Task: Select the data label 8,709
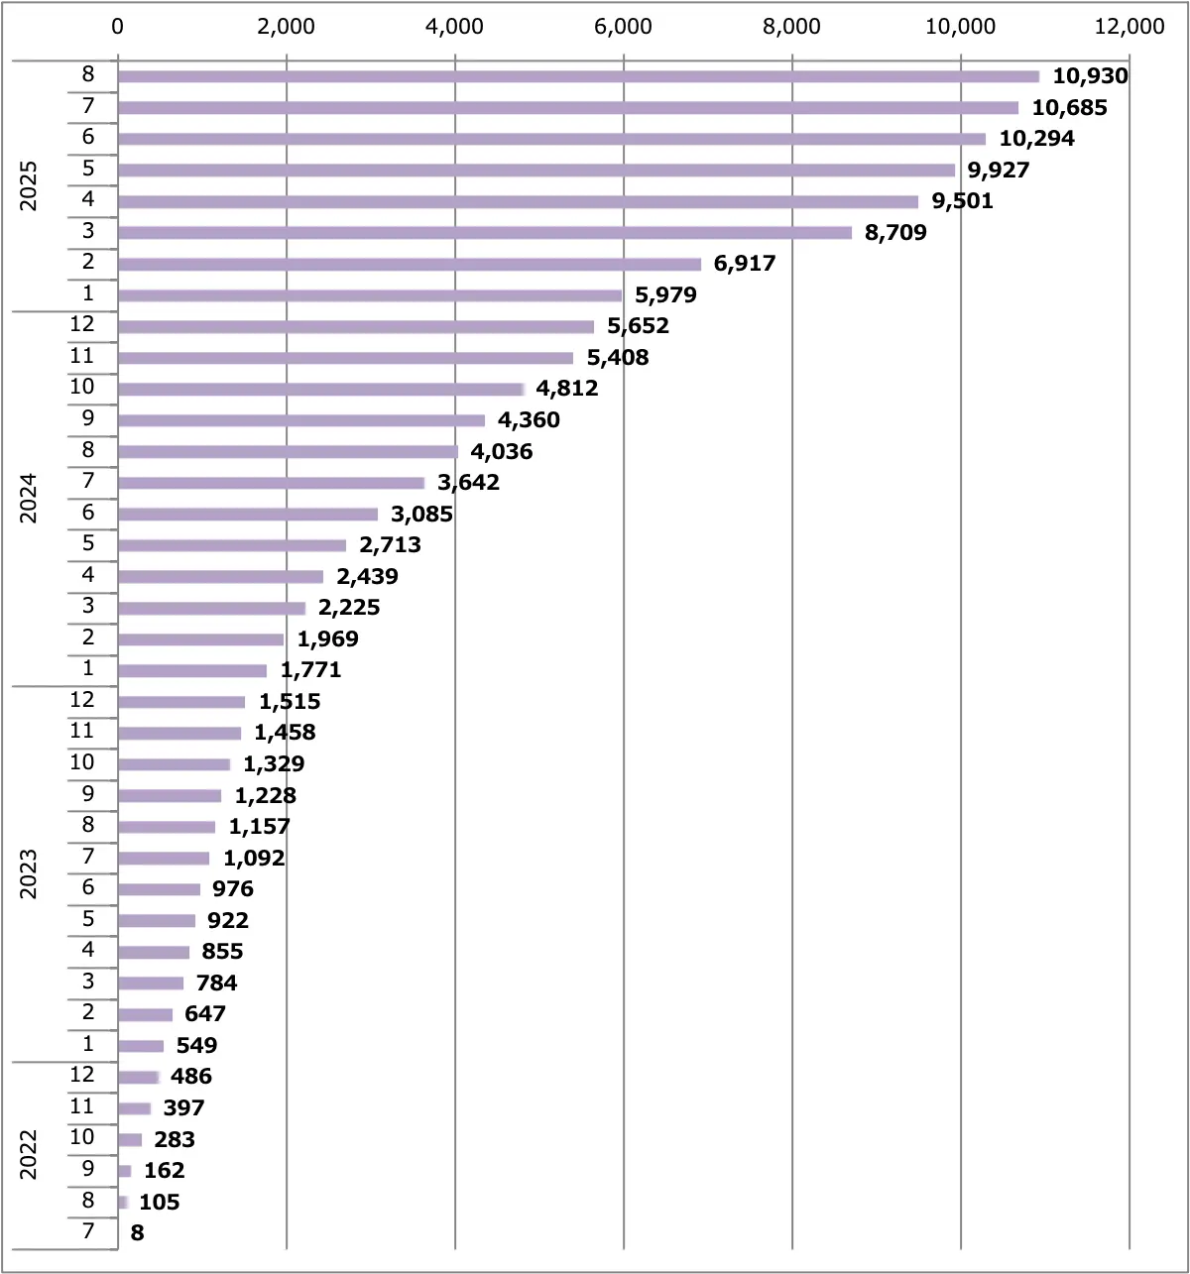(895, 233)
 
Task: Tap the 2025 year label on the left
(29, 185)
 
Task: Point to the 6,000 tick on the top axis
(623, 27)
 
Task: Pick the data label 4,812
(567, 389)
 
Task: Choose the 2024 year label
(29, 498)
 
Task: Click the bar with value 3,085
(248, 515)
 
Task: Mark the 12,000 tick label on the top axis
(1130, 27)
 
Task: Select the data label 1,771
(310, 670)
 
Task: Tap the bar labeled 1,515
(181, 702)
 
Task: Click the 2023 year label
(29, 873)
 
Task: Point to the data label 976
(233, 889)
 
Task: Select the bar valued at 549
(141, 1046)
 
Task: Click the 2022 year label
(29, 1155)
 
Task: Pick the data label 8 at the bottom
(137, 1233)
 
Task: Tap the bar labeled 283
(130, 1140)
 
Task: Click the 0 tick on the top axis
(118, 27)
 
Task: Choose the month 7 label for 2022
(88, 1231)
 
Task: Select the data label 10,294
(1036, 139)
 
